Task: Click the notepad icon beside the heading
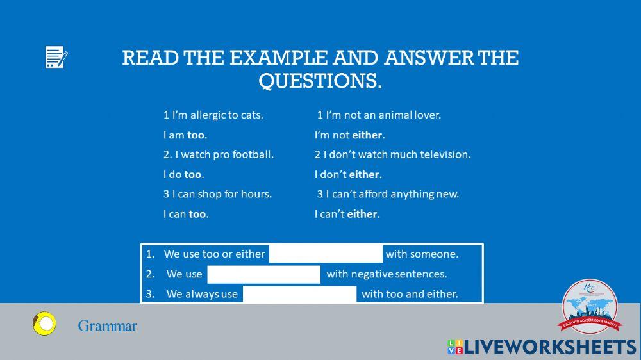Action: (x=56, y=58)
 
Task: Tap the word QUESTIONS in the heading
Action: (x=319, y=81)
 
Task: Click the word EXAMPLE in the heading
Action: (x=279, y=58)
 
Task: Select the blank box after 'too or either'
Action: (x=326, y=254)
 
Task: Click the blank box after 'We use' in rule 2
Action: (x=264, y=274)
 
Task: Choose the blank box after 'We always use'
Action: (x=299, y=294)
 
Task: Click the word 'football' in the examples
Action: (x=252, y=154)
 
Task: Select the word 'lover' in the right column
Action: (x=426, y=115)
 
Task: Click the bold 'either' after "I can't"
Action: (x=363, y=214)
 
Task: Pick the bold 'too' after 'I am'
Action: (x=196, y=135)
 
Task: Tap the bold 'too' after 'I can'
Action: (x=197, y=214)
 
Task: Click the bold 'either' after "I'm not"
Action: (x=367, y=135)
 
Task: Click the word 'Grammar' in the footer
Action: (x=108, y=326)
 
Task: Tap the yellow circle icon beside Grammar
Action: (x=44, y=324)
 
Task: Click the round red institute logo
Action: (x=590, y=308)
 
